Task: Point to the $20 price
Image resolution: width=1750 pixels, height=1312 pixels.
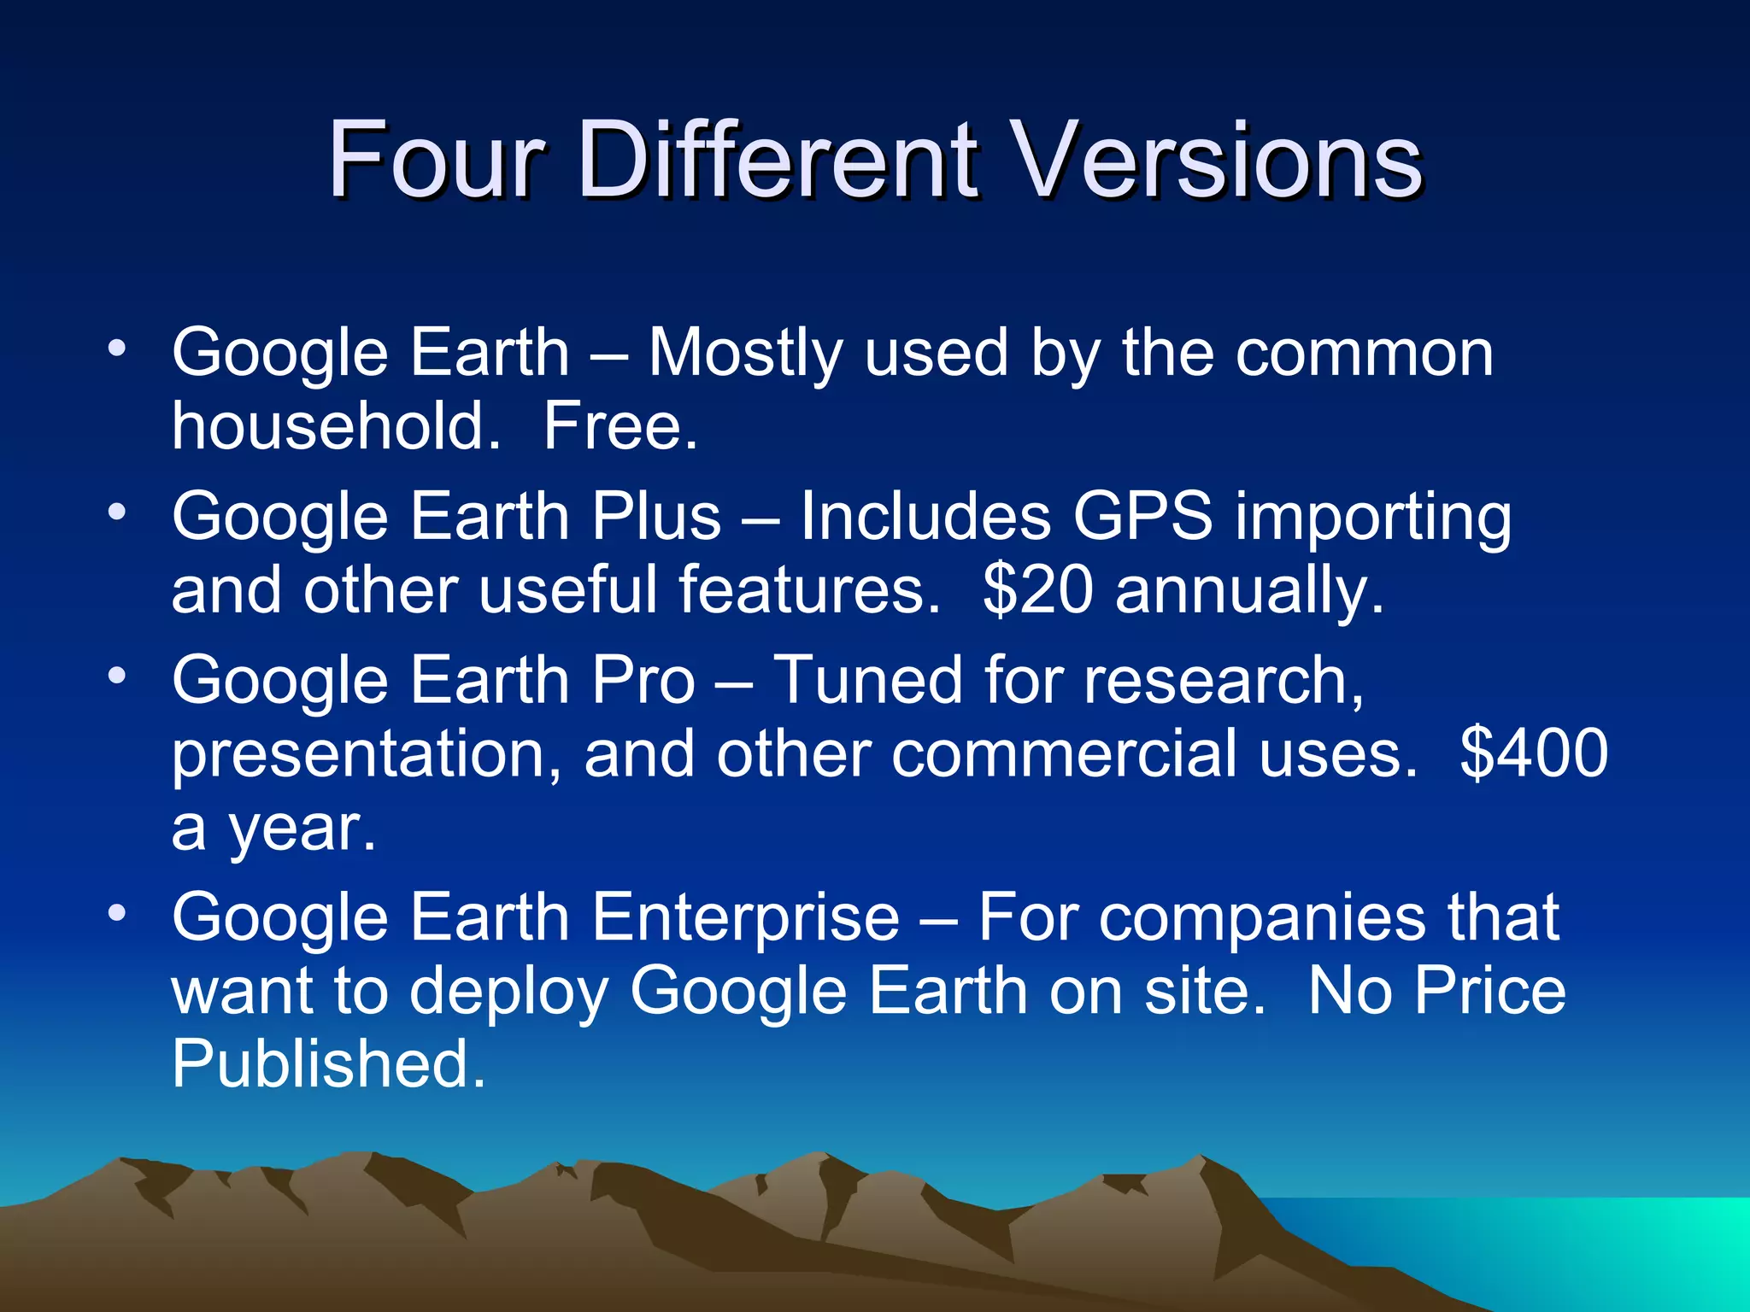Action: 1037,589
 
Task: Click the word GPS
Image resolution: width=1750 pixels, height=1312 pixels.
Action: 1142,517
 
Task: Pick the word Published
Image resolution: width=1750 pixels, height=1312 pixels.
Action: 328,1063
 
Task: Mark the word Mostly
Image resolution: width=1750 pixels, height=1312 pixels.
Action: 744,353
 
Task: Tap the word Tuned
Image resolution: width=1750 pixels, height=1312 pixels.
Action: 867,680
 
